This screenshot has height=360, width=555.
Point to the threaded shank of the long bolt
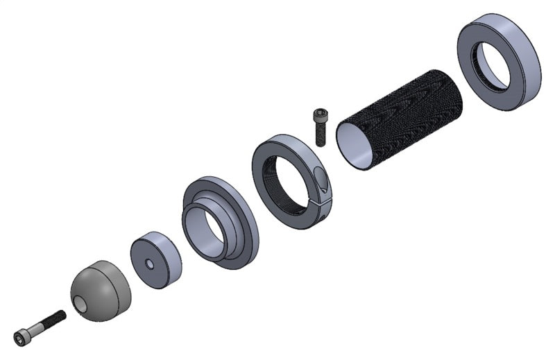tap(51, 321)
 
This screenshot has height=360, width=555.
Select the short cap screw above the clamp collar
tap(320, 127)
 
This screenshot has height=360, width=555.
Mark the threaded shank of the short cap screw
tap(321, 135)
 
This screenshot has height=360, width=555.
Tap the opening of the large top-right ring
tap(494, 66)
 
